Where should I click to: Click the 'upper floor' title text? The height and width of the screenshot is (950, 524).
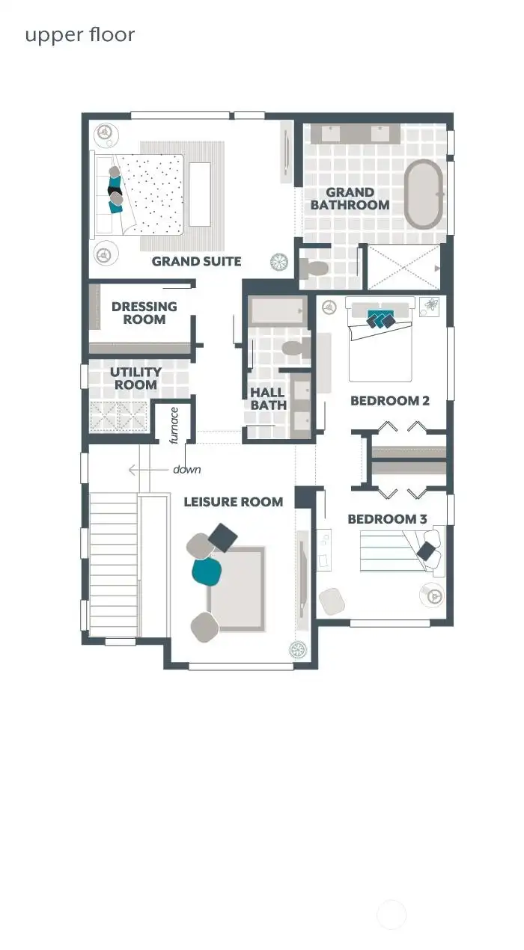[x=80, y=35]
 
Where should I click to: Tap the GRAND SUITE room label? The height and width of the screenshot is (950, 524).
[x=196, y=261]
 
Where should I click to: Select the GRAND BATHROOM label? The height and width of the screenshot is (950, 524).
[x=350, y=199]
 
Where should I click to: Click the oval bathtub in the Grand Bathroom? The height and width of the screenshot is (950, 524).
[x=424, y=194]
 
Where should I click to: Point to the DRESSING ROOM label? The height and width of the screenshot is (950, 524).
[x=144, y=313]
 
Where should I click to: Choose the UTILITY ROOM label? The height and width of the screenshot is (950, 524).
[x=135, y=379]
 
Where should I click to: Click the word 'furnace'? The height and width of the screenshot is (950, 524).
[x=174, y=425]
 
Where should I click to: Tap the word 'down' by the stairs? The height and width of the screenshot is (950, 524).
[x=186, y=470]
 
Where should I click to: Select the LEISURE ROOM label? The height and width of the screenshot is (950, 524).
[x=234, y=502]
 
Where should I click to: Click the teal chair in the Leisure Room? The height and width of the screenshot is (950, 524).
[x=207, y=571]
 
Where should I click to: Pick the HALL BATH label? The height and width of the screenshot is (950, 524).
[x=267, y=399]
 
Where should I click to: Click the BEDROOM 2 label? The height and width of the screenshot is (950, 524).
[x=389, y=401]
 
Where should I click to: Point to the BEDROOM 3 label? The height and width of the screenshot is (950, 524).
[x=383, y=519]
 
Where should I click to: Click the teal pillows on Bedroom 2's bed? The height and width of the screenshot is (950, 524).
[x=380, y=319]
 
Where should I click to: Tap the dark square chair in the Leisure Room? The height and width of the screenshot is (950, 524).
[x=223, y=537]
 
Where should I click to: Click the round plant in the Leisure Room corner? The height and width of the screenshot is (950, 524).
[x=299, y=649]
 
